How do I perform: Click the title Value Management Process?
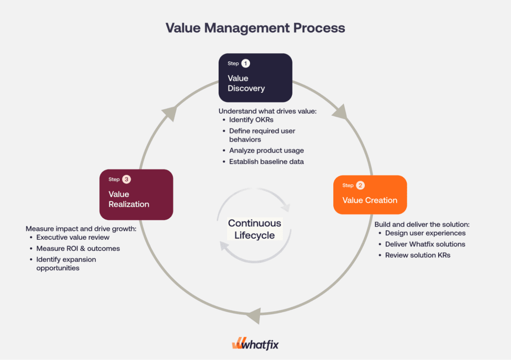pyautogui.click(x=255, y=27)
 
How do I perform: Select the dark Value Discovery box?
pyautogui.click(x=255, y=78)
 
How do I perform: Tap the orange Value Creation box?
pyautogui.click(x=370, y=195)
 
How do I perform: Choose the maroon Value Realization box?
pyautogui.click(x=136, y=194)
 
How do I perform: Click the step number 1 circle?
pyautogui.click(x=246, y=63)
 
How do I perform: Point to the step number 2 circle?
pyautogui.click(x=360, y=185)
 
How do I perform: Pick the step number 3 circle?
pyautogui.click(x=127, y=179)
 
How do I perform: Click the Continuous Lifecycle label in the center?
pyautogui.click(x=255, y=229)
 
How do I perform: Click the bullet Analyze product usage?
pyautogui.click(x=266, y=151)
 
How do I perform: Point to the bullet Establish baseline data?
pyautogui.click(x=266, y=162)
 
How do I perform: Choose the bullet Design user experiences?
pyautogui.click(x=425, y=233)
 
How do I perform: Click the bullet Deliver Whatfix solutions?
pyautogui.click(x=425, y=244)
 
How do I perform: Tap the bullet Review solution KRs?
pyautogui.click(x=417, y=255)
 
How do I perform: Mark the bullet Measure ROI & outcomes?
pyautogui.click(x=78, y=248)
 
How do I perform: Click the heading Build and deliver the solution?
pyautogui.click(x=422, y=224)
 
